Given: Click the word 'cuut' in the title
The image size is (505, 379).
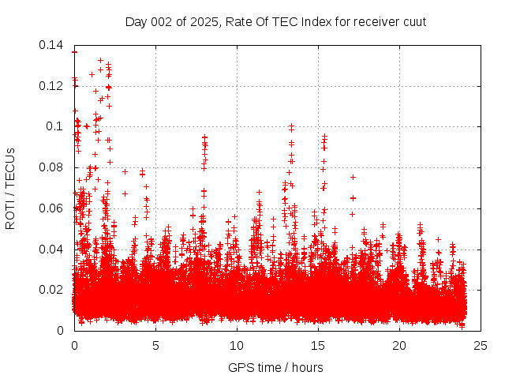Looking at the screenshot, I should (x=413, y=21).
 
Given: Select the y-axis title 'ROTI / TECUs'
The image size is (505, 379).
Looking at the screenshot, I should (x=10, y=187).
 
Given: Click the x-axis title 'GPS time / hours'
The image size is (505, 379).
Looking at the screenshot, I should (x=275, y=367).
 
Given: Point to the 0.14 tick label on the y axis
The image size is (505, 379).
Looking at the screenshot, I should (x=52, y=45).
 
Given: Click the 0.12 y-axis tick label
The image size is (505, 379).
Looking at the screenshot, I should (x=52, y=85).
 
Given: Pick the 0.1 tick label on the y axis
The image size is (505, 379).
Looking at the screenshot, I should (x=57, y=126).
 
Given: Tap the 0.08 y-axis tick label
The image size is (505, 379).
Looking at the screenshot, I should (x=52, y=167).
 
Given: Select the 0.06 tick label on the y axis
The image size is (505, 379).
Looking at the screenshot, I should (x=52, y=208).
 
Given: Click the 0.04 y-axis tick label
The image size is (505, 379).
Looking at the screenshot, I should (x=52, y=249).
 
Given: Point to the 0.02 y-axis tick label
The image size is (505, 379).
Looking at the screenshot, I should (x=52, y=290).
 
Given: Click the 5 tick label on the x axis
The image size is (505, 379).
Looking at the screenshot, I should (x=155, y=345).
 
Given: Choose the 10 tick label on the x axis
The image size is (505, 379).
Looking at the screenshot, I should (x=237, y=345).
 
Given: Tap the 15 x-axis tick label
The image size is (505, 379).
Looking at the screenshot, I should (x=318, y=345).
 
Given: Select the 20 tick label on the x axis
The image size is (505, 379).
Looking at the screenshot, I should (x=399, y=345).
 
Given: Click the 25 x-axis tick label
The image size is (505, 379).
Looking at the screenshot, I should (x=481, y=345).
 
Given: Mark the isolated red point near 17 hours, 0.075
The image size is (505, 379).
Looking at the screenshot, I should (x=353, y=177).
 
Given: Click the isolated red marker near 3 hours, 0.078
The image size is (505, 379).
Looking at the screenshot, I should (x=125, y=171).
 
